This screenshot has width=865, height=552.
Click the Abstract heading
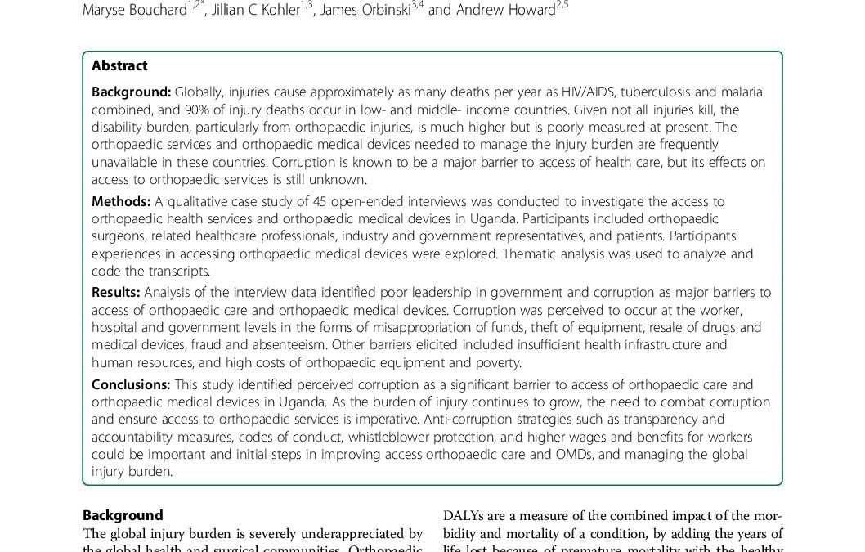coord(119,66)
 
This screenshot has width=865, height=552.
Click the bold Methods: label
coord(121,201)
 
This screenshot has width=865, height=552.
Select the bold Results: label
coord(116,292)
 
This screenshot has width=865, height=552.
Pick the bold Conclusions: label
coord(131,384)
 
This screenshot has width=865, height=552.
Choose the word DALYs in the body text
coord(463,515)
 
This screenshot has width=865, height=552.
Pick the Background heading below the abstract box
coord(123,515)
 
